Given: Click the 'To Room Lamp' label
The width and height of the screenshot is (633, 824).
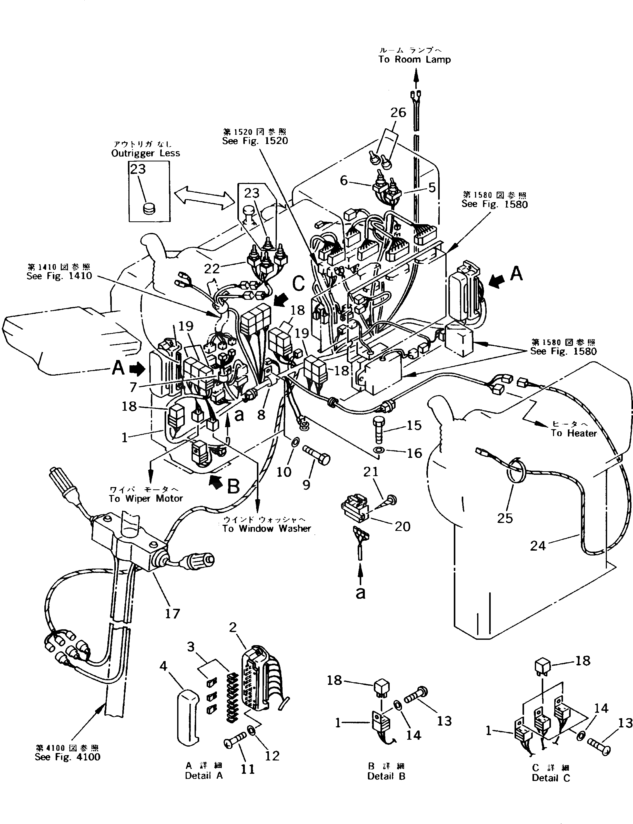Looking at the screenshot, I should [x=415, y=59].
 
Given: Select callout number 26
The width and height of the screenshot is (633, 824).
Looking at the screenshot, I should [x=398, y=112].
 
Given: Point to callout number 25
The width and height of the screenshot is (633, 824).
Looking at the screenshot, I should [x=505, y=518].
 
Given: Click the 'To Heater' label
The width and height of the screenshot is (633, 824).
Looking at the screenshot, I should [x=574, y=433].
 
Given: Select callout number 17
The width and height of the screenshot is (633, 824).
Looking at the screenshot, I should [x=172, y=614].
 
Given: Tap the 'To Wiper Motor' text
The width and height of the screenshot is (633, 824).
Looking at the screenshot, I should [x=146, y=498].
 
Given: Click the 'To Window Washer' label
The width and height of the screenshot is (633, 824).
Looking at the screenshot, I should [x=266, y=528].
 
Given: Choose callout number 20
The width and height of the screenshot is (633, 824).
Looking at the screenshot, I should [x=402, y=526].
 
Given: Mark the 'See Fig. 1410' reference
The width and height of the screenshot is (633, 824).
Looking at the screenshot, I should [x=59, y=276].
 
